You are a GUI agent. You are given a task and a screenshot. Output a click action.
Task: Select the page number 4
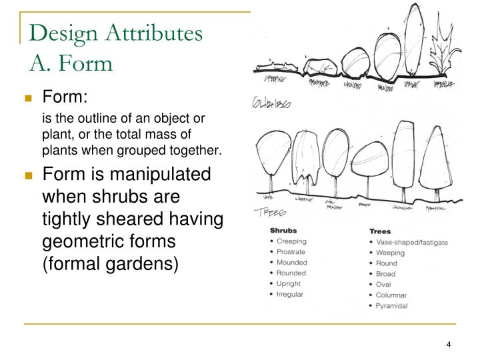pyautogui.click(x=449, y=345)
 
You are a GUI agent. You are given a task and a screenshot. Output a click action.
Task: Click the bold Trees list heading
pyautogui.click(x=381, y=231)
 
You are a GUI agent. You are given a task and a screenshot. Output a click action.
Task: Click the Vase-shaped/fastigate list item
pyautogui.click(x=412, y=242)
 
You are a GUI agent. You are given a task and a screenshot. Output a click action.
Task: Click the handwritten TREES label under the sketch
pyautogui.click(x=270, y=212)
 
